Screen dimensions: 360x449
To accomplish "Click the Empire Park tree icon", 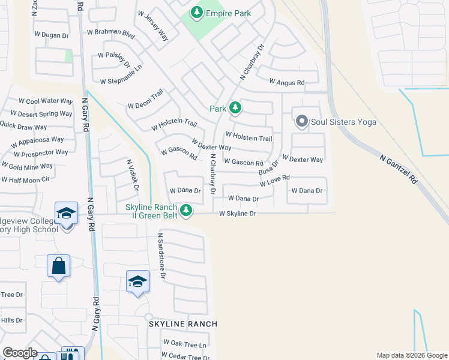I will point(196,12).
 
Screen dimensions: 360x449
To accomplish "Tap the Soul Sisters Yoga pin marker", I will point(301,122).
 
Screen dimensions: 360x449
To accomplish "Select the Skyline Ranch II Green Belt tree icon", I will point(187,210).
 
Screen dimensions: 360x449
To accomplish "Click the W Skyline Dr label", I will point(238,213).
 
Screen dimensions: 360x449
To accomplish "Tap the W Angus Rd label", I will point(286,82).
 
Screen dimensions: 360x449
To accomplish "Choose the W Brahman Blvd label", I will point(111,32).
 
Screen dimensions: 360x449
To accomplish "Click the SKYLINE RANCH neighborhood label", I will point(182,324).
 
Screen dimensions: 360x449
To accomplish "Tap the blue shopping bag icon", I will point(59,266).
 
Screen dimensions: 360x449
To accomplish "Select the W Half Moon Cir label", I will point(25,179).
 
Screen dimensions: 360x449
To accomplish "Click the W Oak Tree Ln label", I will point(186,345).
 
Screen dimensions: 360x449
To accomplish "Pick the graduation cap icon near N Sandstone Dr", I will point(137,281).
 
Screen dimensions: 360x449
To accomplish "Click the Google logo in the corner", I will point(20,353).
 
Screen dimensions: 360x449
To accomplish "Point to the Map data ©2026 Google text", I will point(411,355).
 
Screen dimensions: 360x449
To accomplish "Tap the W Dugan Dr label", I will point(52,36).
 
